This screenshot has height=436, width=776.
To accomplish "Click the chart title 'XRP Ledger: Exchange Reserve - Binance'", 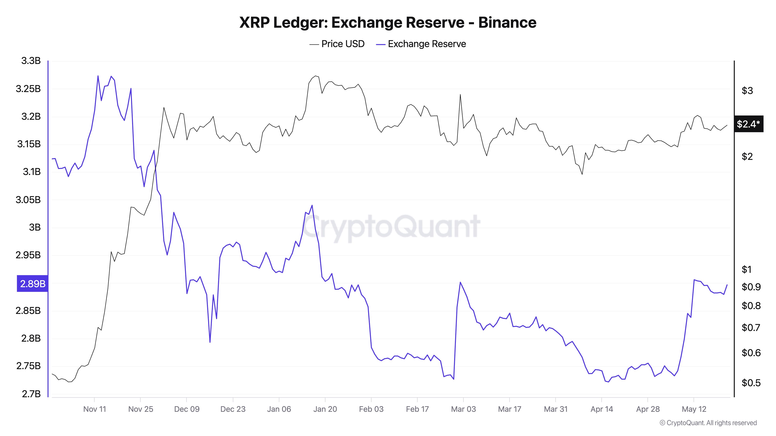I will click(x=388, y=22).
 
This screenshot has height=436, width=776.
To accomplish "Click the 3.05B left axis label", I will click(x=28, y=200).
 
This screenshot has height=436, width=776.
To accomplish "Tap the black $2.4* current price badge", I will click(x=748, y=124).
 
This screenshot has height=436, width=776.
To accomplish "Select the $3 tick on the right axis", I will click(x=747, y=90).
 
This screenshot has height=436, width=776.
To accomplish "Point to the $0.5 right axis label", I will click(x=751, y=383).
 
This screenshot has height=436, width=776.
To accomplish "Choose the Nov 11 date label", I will click(x=95, y=409).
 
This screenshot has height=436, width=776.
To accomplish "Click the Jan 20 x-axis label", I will click(x=325, y=409).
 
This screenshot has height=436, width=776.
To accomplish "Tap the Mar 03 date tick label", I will click(x=463, y=409).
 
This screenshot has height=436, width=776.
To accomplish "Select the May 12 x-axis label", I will click(x=694, y=409).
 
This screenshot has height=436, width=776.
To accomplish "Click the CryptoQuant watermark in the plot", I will click(x=391, y=226).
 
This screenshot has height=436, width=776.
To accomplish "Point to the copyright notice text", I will click(x=708, y=423).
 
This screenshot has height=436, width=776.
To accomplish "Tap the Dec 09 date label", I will click(x=187, y=409).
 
